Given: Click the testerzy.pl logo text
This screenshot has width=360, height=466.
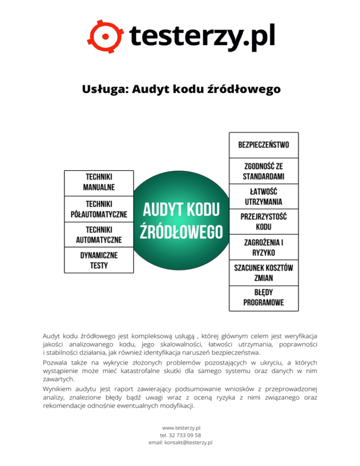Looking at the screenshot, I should [x=202, y=35].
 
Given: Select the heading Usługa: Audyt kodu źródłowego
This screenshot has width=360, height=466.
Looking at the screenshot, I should [x=180, y=89].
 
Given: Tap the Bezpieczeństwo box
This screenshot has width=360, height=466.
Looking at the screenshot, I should [x=263, y=144].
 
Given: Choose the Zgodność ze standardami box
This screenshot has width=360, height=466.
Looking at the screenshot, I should [x=263, y=171].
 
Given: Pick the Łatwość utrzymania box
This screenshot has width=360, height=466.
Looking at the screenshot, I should [x=263, y=197].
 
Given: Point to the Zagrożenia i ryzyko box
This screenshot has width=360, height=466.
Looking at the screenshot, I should [x=263, y=247].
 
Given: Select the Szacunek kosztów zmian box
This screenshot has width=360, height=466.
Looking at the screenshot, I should [x=263, y=272].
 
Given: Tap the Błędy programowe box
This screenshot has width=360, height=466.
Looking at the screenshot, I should [x=263, y=298].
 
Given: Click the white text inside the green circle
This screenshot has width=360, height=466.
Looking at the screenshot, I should [x=181, y=221].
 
